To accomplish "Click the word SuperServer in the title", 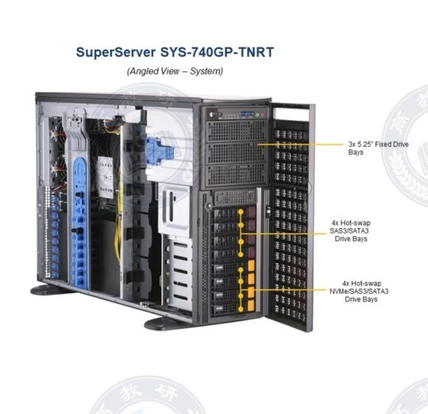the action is (x=116, y=52).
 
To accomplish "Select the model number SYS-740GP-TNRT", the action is (x=217, y=52).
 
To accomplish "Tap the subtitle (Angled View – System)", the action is (x=175, y=71).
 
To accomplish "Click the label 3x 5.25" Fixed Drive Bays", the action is (x=379, y=148).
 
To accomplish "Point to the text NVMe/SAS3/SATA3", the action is (x=359, y=291).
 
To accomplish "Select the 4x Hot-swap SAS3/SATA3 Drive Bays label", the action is (x=350, y=231).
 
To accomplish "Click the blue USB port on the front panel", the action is (x=247, y=113).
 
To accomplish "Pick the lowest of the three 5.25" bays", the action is (x=236, y=175).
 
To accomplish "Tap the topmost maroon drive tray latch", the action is (x=252, y=211).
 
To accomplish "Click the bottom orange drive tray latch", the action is (x=251, y=306).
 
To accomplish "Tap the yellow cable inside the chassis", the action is (x=118, y=218).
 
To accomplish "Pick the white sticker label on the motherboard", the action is (x=105, y=177).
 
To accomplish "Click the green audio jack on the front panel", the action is (x=257, y=115).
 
